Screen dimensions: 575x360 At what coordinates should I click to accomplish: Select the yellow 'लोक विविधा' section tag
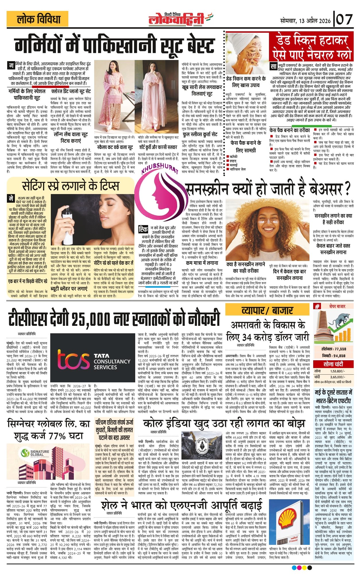coord(38,19)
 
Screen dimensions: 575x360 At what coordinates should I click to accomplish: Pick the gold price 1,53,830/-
coord(337,371)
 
